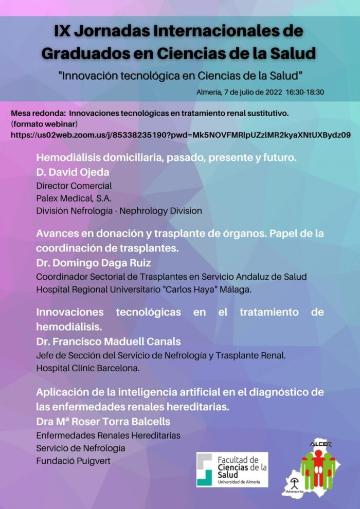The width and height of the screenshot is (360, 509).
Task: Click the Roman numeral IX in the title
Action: (x=63, y=30)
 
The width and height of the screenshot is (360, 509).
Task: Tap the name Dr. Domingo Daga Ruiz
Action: (x=94, y=263)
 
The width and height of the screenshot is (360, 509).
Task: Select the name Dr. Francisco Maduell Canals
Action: (x=109, y=341)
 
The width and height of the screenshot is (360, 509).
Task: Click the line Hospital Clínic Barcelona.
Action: (x=88, y=368)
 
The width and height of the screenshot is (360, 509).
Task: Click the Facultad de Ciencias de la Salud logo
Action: (x=232, y=469)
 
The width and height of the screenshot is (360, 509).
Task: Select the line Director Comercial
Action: (x=74, y=185)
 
